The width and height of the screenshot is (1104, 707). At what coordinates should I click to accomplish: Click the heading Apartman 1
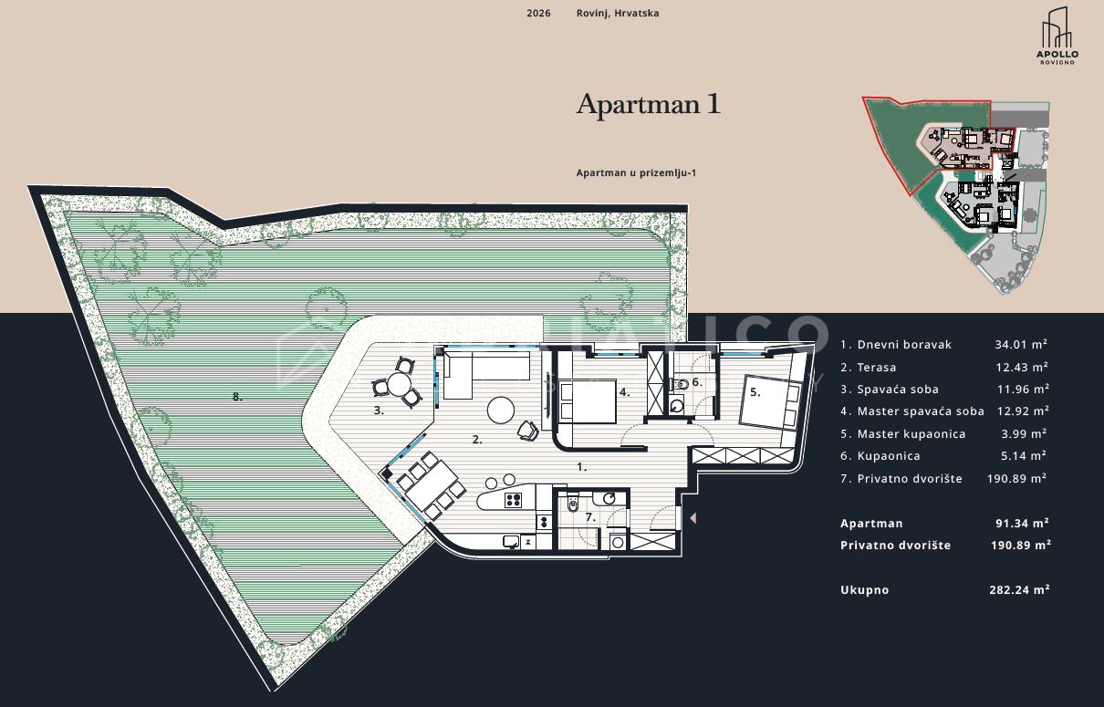(649, 104)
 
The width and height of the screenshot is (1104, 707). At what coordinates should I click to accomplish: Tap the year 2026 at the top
(538, 14)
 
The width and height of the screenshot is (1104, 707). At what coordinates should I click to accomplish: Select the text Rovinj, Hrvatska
(618, 14)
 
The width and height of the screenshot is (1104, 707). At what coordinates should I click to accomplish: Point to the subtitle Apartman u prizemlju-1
(636, 173)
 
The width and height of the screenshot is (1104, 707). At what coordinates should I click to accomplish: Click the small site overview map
(956, 195)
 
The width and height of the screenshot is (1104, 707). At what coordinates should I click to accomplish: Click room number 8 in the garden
(237, 397)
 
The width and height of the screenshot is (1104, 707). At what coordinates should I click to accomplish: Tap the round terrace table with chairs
(399, 383)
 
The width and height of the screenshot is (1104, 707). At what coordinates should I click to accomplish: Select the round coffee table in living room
(501, 410)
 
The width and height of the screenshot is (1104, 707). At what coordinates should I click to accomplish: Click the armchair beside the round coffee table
(528, 430)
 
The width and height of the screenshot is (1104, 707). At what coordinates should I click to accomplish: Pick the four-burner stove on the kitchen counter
(513, 500)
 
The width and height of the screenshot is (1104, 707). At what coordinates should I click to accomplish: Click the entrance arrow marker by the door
(693, 518)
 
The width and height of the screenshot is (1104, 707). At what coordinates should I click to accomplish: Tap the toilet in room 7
(573, 503)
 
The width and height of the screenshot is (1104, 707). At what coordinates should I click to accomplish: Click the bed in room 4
(588, 400)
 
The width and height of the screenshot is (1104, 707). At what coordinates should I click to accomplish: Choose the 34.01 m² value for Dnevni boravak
(1021, 345)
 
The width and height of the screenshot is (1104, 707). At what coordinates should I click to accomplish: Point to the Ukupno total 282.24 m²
(1020, 589)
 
